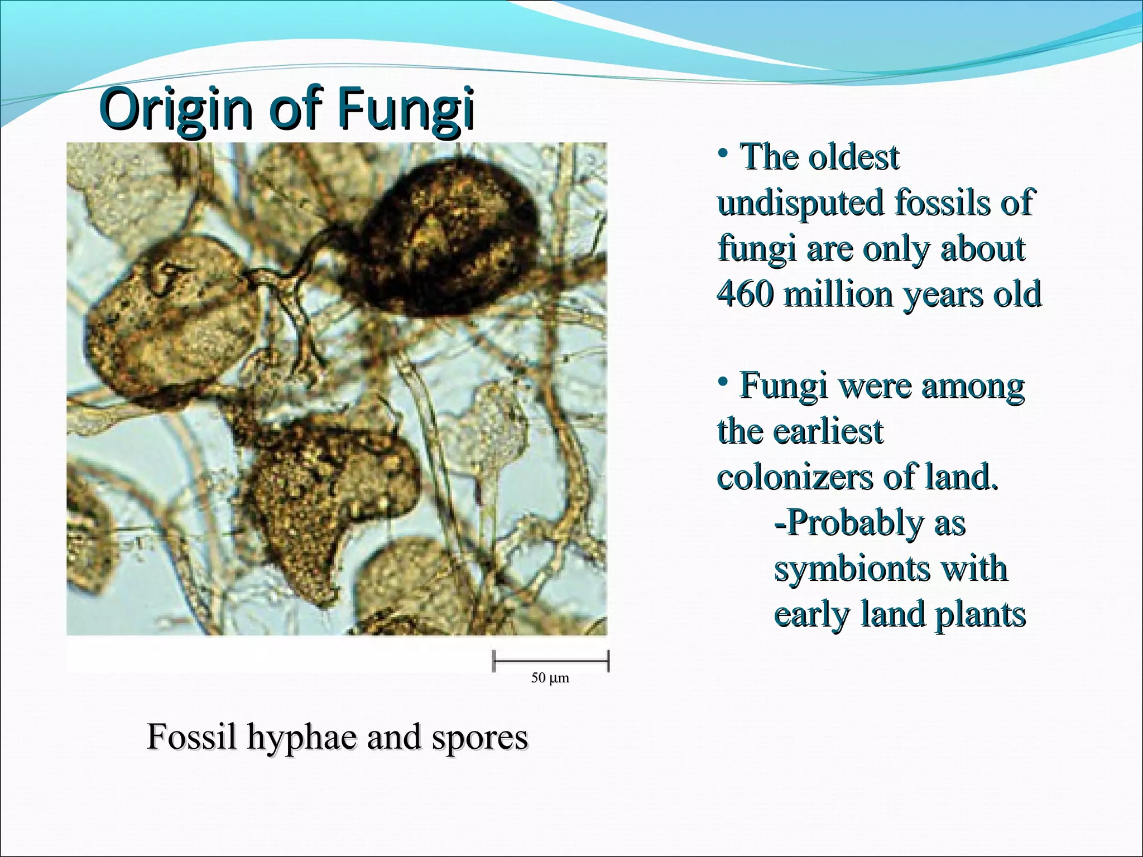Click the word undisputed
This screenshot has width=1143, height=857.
point(801,202)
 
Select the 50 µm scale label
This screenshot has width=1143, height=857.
point(550,678)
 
